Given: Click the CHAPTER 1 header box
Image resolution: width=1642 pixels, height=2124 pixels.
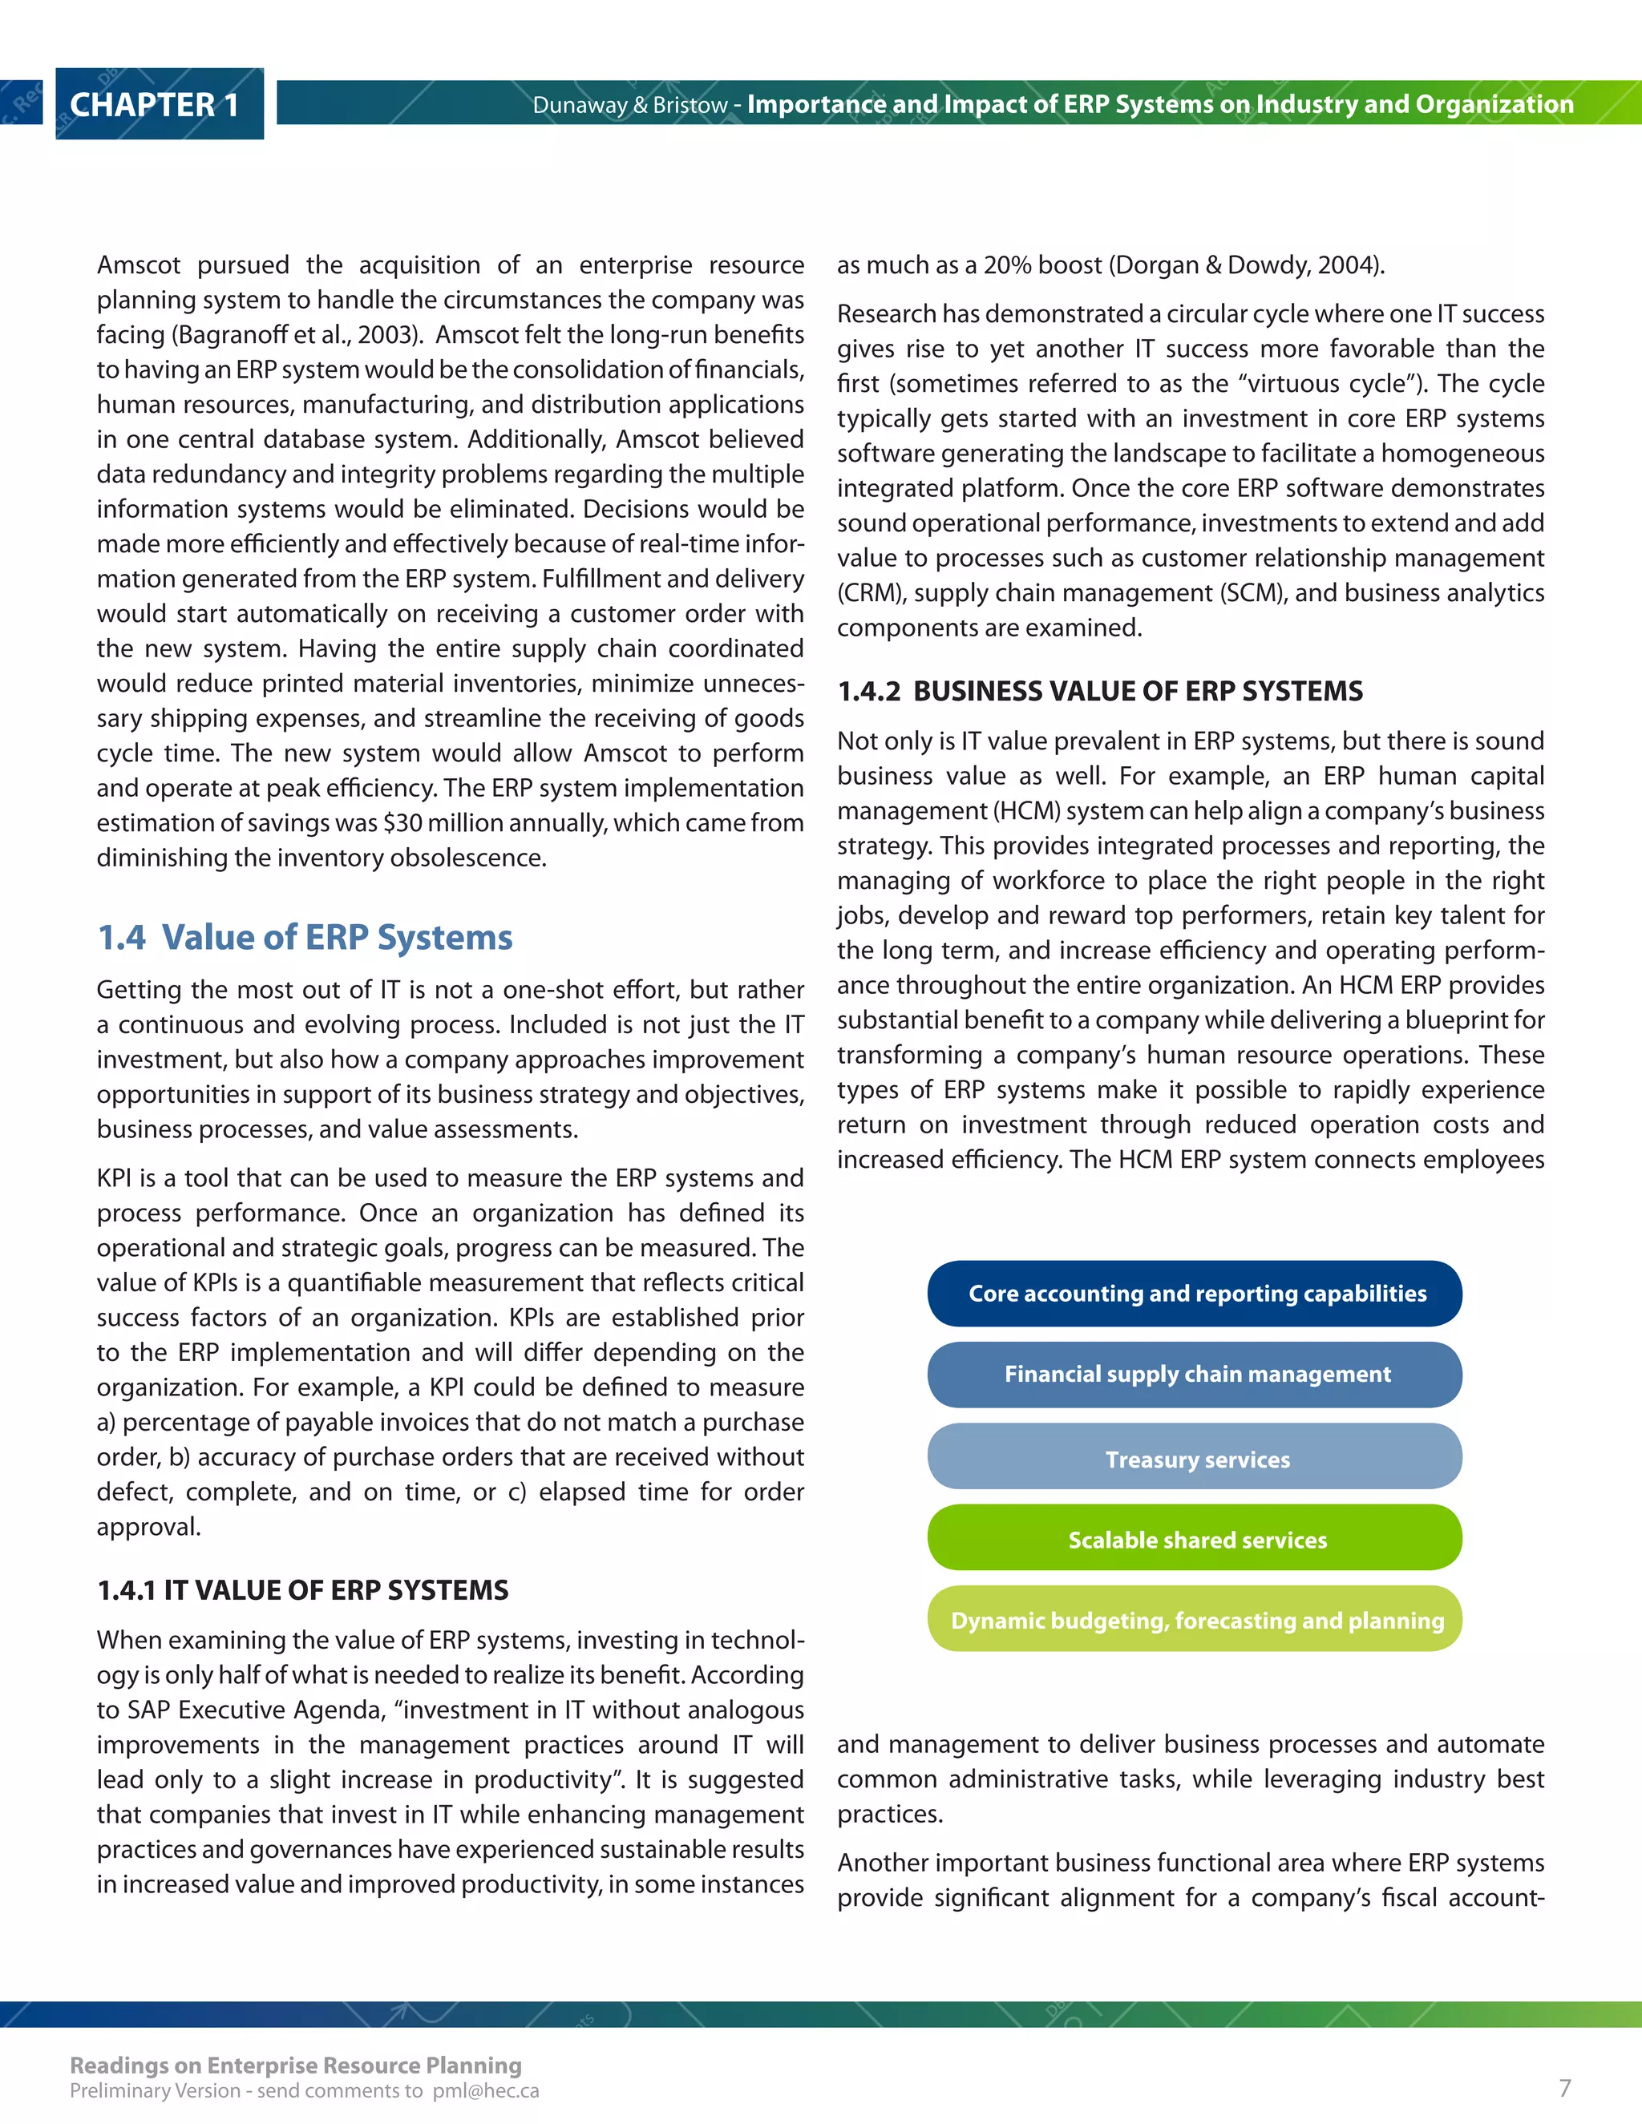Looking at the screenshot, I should pos(159,104).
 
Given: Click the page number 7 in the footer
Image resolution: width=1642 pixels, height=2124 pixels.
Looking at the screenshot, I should pos(1564,2087).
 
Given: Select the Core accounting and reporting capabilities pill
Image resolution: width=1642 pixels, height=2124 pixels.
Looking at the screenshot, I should pos(1195,1294).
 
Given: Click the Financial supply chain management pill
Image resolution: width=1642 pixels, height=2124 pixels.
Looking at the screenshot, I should pos(1195,1374).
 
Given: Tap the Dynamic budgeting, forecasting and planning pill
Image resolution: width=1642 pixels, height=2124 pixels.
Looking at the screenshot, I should pos(1195,1619).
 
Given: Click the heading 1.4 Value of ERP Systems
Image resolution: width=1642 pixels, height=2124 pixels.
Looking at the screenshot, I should pos(305,936).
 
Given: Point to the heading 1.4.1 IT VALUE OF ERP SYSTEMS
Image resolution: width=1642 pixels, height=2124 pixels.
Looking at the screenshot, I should pos(302,1589).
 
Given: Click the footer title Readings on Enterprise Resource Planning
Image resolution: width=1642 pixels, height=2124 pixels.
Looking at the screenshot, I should pos(296,2064).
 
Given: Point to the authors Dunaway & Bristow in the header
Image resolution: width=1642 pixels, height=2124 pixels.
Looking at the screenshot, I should pos(629,105).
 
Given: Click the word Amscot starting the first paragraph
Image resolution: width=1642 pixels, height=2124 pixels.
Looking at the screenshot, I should pos(138,265).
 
